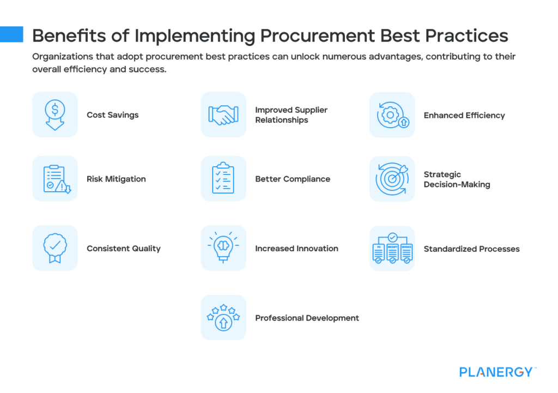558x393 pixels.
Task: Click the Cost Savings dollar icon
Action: [54, 114]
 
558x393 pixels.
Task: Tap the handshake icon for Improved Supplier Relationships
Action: [223, 114]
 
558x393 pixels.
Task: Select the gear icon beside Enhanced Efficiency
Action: [392, 115]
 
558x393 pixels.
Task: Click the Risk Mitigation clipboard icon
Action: [54, 179]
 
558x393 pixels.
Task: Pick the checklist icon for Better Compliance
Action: [223, 179]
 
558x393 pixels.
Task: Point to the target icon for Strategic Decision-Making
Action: [392, 179]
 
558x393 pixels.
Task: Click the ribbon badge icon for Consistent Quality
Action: [54, 248]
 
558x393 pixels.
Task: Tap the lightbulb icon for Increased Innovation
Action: [223, 248]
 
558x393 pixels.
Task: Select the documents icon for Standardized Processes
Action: [392, 249]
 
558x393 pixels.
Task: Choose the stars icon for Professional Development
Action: [223, 318]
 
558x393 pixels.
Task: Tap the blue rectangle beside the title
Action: [11, 34]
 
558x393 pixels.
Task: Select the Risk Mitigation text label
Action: [116, 179]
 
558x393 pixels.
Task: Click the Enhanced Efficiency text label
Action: [464, 115]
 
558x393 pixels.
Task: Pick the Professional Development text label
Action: [307, 318]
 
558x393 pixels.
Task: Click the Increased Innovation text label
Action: [296, 248]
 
